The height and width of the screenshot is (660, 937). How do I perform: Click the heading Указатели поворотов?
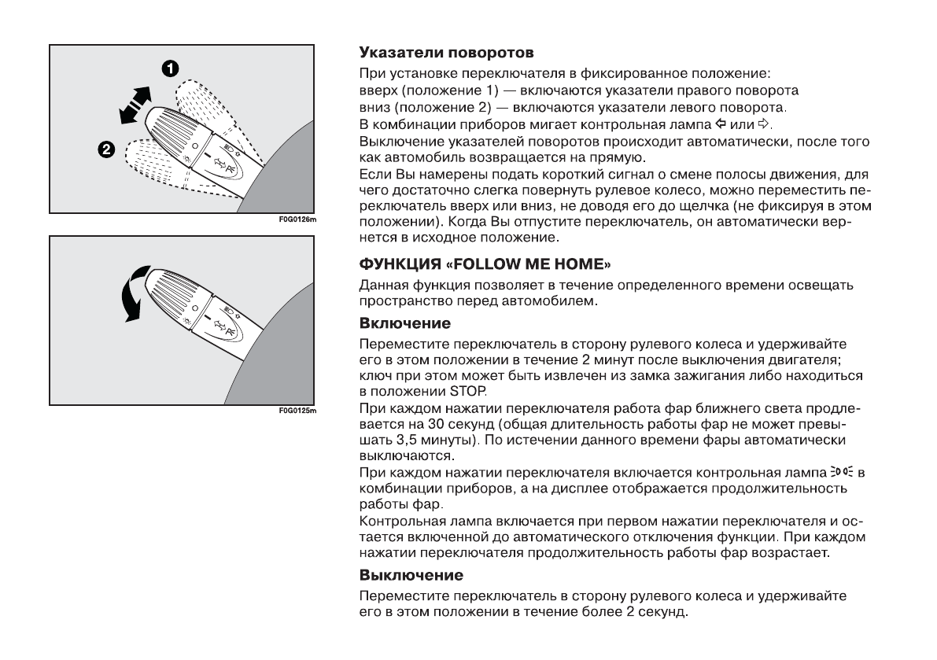pyautogui.click(x=446, y=54)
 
